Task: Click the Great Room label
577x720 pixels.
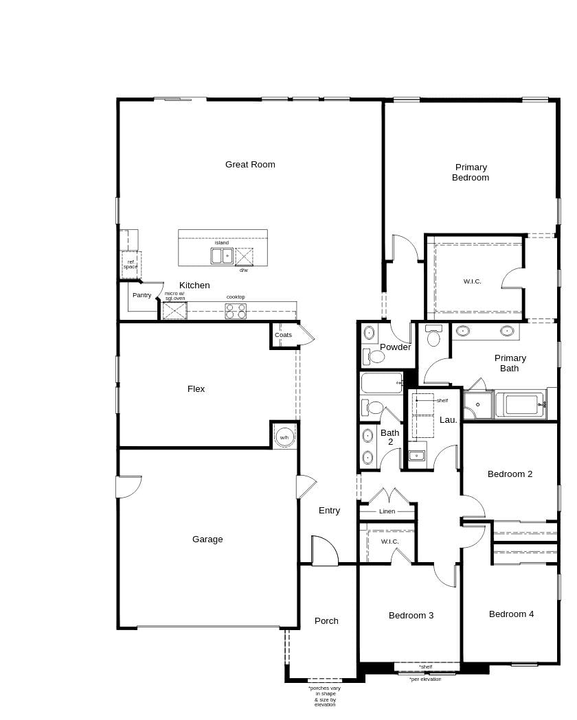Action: point(250,165)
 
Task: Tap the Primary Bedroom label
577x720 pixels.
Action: point(471,172)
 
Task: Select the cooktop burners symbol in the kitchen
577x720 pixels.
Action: point(236,311)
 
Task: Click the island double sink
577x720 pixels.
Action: point(222,256)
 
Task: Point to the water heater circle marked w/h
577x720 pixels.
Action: point(284,437)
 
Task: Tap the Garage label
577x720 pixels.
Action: point(207,539)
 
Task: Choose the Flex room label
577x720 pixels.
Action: point(196,389)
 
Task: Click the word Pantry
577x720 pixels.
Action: point(142,295)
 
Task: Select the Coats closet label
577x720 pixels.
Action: point(284,335)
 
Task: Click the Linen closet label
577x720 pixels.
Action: point(387,511)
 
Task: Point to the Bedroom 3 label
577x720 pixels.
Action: point(411,615)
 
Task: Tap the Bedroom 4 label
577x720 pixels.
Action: point(511,614)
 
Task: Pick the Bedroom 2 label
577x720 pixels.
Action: point(510,474)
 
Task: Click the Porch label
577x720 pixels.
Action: point(327,620)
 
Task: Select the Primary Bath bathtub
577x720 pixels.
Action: point(521,404)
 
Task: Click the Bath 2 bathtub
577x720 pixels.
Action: point(382,383)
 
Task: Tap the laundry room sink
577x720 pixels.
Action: point(417,456)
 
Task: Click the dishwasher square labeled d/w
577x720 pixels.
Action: point(244,257)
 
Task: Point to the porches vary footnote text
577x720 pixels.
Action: point(325,696)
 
